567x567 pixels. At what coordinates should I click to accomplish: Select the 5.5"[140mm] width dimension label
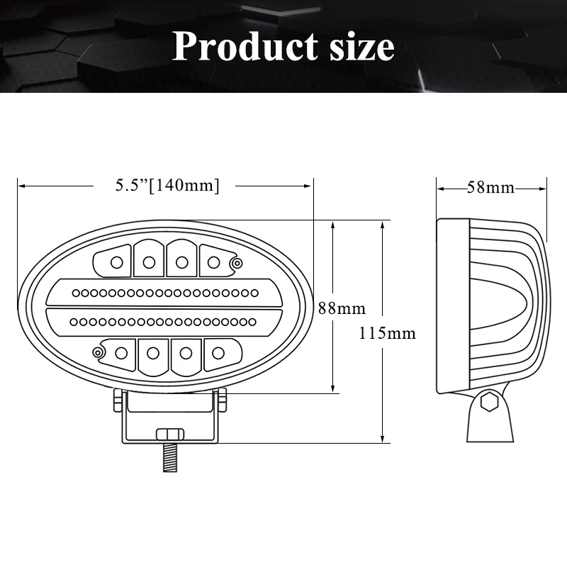[x=167, y=185]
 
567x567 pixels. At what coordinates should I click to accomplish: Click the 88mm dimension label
[x=341, y=308]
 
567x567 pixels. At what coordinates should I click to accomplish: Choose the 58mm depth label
[x=490, y=188]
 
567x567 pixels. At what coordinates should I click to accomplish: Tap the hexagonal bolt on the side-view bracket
[x=488, y=403]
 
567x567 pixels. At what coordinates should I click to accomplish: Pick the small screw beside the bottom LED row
[x=97, y=351]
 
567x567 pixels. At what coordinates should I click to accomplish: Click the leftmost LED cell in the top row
[x=116, y=262]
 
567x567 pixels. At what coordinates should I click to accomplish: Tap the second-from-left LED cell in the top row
[x=149, y=261]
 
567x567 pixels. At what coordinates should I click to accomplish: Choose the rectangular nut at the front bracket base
[x=169, y=434]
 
